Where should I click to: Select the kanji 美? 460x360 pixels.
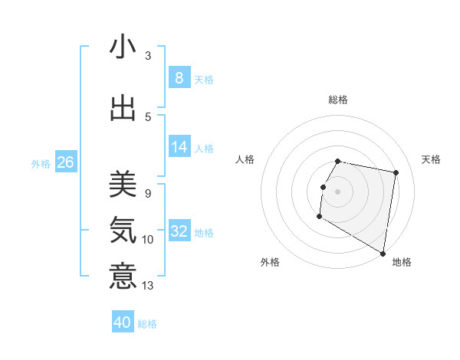click(123, 184)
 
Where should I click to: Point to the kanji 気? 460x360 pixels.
click(123, 229)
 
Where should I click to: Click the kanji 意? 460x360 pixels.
click(123, 275)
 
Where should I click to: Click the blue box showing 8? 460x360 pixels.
click(179, 77)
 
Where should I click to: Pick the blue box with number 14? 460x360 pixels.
click(179, 147)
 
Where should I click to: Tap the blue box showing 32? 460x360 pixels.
click(179, 231)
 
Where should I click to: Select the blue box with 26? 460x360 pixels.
click(66, 162)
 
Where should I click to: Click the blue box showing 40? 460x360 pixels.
click(123, 322)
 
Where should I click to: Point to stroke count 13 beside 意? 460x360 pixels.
click(148, 286)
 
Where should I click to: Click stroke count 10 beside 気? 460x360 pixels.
click(148, 240)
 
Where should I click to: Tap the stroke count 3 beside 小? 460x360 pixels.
click(148, 55)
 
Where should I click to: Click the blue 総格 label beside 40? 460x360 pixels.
click(147, 324)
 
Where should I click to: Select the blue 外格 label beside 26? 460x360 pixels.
click(41, 164)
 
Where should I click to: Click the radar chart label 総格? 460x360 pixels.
click(337, 100)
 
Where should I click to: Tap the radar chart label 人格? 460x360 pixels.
click(245, 159)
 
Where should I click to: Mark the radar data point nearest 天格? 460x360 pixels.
click(396, 173)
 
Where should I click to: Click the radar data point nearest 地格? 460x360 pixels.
click(383, 254)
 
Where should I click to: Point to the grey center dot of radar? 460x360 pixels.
click(337, 191)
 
